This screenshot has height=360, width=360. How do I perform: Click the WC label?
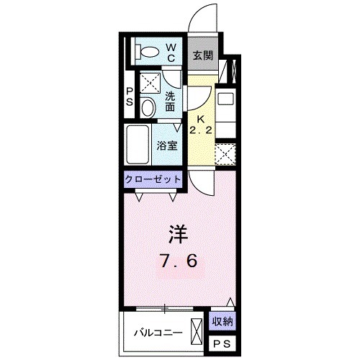pyautogui.click(x=173, y=51)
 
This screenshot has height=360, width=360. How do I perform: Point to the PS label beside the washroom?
pyautogui.click(x=130, y=96)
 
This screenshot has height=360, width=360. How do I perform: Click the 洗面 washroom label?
pyautogui.click(x=171, y=101)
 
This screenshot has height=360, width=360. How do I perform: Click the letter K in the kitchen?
pyautogui.click(x=202, y=119)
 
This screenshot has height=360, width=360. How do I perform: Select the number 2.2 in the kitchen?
pyautogui.click(x=202, y=132)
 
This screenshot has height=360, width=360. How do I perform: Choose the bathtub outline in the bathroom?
pyautogui.click(x=137, y=144)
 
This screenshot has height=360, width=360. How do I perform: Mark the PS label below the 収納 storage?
pyautogui.click(x=222, y=343)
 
